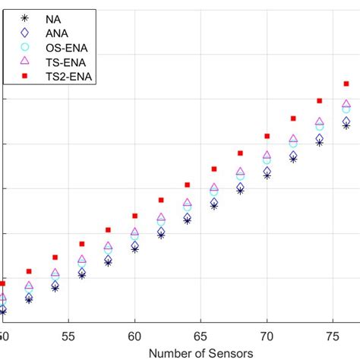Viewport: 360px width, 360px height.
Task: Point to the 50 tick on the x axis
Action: [4, 336]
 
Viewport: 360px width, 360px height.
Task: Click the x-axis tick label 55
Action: [69, 336]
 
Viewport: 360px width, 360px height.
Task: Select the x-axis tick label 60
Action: [135, 336]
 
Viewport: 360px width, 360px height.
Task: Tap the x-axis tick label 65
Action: [201, 336]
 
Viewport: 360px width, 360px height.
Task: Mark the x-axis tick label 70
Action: [267, 336]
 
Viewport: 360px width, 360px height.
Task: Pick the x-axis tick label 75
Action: [333, 336]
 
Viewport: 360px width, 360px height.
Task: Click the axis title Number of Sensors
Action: [201, 352]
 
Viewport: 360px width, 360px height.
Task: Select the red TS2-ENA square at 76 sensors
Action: [346, 83]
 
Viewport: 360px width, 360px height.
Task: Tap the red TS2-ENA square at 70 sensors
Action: [267, 136]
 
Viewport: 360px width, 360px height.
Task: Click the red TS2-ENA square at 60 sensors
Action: [135, 216]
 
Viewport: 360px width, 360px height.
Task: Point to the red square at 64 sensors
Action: [188, 185]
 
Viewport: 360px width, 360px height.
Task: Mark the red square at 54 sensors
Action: [55, 257]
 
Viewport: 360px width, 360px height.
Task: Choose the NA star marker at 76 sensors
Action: [346, 125]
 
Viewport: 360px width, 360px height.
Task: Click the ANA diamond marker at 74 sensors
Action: [320, 139]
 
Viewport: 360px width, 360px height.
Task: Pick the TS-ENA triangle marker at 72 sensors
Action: [293, 139]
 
